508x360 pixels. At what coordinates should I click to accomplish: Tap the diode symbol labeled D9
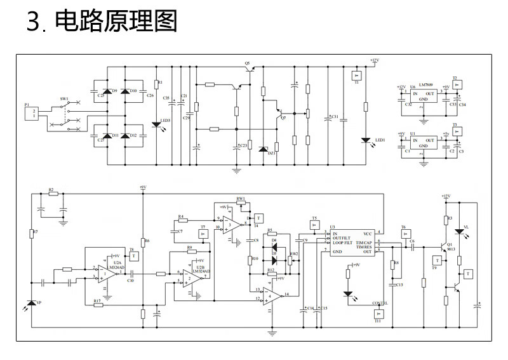[106, 91]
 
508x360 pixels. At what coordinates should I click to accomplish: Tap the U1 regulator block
[423, 139]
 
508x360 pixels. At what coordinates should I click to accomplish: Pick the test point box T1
[356, 75]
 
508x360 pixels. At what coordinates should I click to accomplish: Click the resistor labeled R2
[51, 194]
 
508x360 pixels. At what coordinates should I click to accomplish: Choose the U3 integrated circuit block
[354, 244]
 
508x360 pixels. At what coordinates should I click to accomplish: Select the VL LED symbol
[458, 231]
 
